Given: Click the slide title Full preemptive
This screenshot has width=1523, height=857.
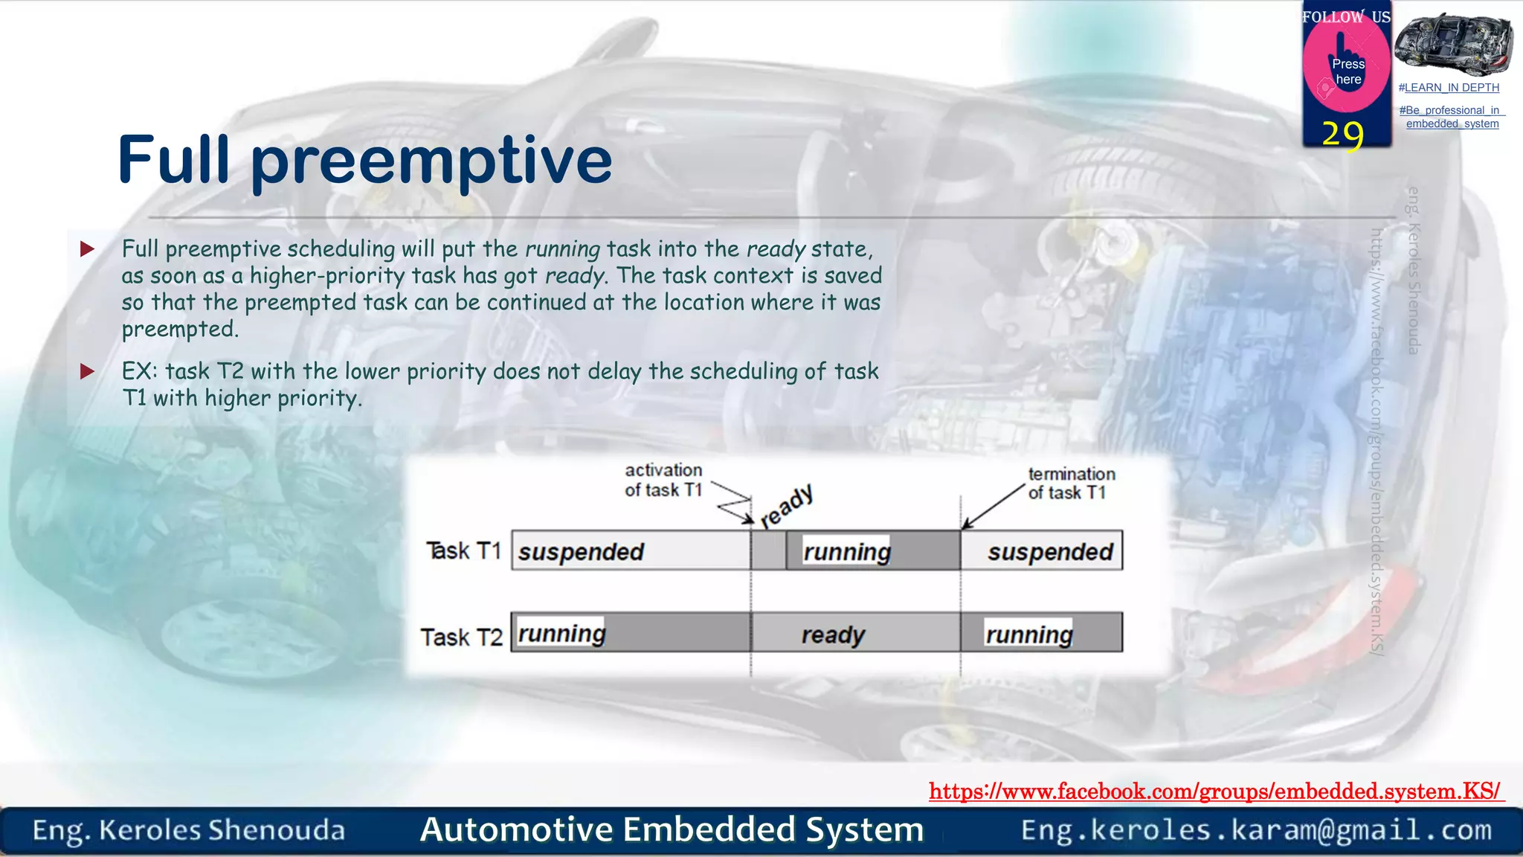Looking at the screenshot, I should click(364, 160).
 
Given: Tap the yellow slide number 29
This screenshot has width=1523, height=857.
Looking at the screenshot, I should click(1342, 135).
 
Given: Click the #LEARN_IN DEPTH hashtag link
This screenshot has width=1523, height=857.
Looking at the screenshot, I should click(1449, 88).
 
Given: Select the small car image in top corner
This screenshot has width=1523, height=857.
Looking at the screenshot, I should click(1452, 45).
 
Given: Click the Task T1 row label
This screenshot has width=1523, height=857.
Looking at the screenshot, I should click(463, 551).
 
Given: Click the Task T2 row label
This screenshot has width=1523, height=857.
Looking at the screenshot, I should click(461, 637).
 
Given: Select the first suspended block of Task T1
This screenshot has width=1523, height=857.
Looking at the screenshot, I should click(631, 551).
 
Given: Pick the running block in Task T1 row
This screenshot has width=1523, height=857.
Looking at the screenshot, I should click(872, 551).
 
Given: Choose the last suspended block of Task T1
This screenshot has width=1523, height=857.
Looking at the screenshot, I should click(1042, 551).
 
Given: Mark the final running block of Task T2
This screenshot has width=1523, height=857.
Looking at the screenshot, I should click(1041, 634).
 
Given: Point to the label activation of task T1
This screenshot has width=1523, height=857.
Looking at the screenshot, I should click(663, 480).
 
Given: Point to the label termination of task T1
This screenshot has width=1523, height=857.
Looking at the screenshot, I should click(1071, 484).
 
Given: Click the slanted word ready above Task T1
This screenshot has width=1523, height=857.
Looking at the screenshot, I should click(787, 506).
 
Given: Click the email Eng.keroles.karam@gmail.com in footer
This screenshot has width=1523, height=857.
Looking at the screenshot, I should click(1256, 829).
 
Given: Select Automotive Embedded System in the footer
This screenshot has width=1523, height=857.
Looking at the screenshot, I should click(672, 829).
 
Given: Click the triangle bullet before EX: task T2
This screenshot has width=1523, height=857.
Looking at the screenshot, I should click(88, 371).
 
